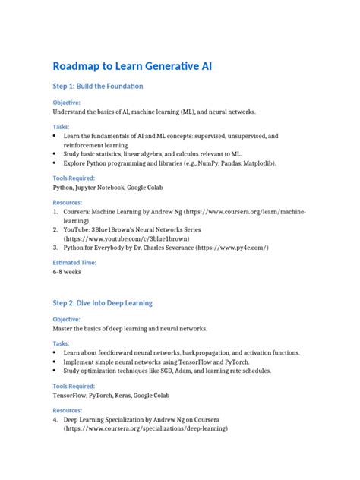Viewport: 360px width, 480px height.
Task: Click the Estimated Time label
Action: pyautogui.click(x=74, y=260)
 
